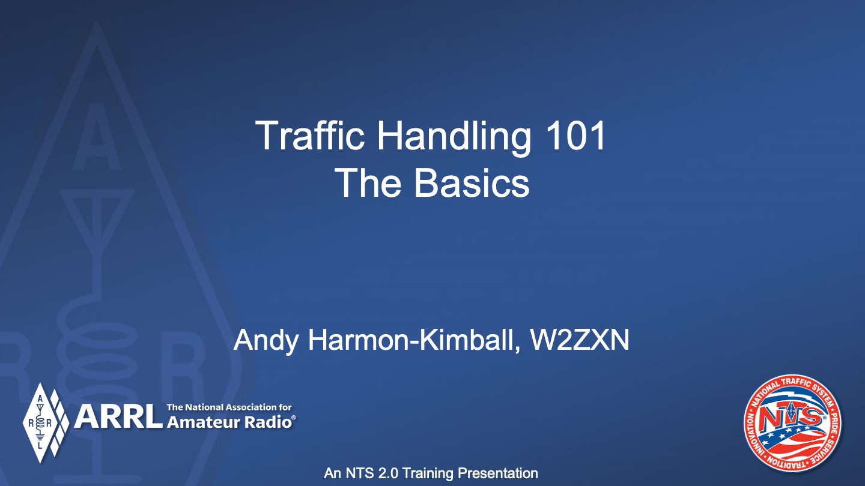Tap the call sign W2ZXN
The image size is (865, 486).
point(580,340)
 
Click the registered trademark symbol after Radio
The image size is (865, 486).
point(293,418)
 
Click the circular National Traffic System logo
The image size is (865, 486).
point(792,422)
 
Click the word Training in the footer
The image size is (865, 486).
point(428,473)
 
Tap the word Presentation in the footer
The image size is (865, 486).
point(498,473)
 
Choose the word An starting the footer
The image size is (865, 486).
point(333,473)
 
